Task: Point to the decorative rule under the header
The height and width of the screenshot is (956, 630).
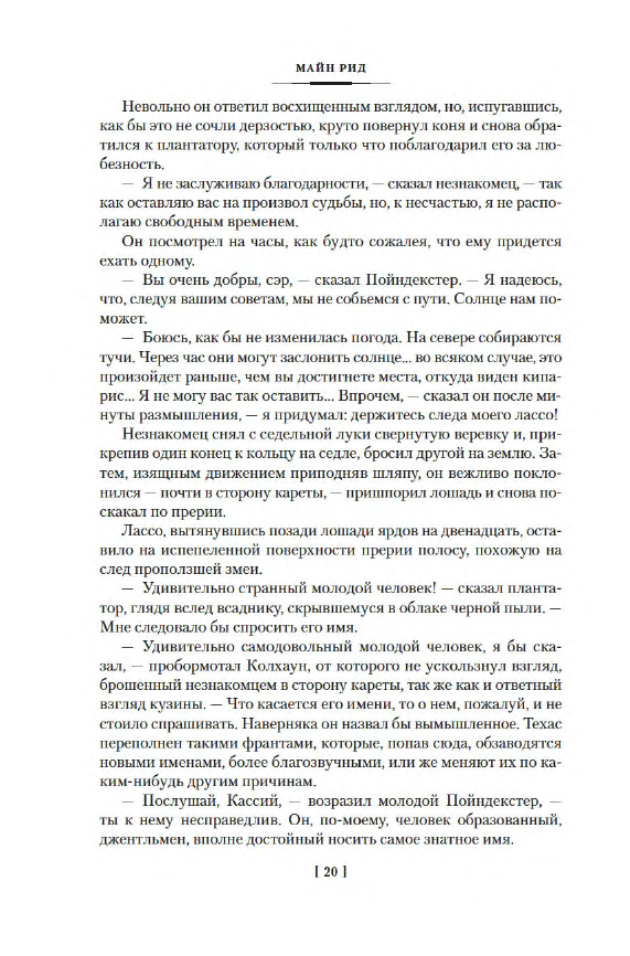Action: (x=331, y=83)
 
